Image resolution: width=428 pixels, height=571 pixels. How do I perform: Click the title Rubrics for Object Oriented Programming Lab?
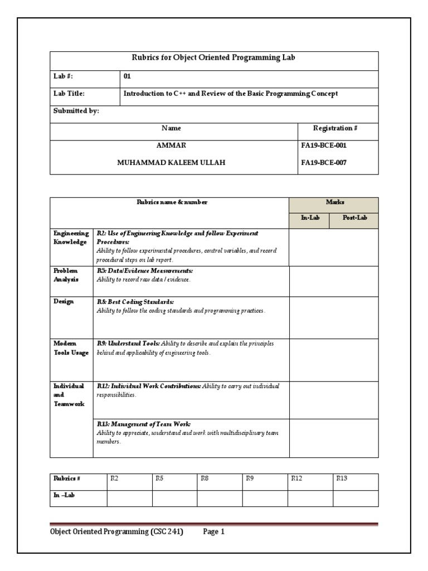pos(214,57)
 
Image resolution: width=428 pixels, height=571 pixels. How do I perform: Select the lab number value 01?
pos(127,76)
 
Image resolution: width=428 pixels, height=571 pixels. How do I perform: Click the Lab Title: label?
pos(69,94)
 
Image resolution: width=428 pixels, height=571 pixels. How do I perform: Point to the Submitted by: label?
pos(76,111)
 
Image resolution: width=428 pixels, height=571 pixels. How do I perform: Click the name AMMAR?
pos(171,145)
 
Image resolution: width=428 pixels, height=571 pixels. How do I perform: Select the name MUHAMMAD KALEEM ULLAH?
pos(171,162)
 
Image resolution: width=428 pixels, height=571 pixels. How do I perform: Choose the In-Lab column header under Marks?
pos(310,218)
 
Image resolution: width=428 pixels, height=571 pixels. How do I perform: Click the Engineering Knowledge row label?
pos(71,238)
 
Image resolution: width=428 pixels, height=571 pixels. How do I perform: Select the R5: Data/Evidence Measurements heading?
pos(145,270)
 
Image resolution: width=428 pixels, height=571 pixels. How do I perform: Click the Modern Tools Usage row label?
pos(71,348)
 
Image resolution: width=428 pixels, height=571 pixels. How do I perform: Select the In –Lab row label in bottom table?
pos(64,495)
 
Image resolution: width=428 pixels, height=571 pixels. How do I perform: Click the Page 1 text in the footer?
pos(213,532)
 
